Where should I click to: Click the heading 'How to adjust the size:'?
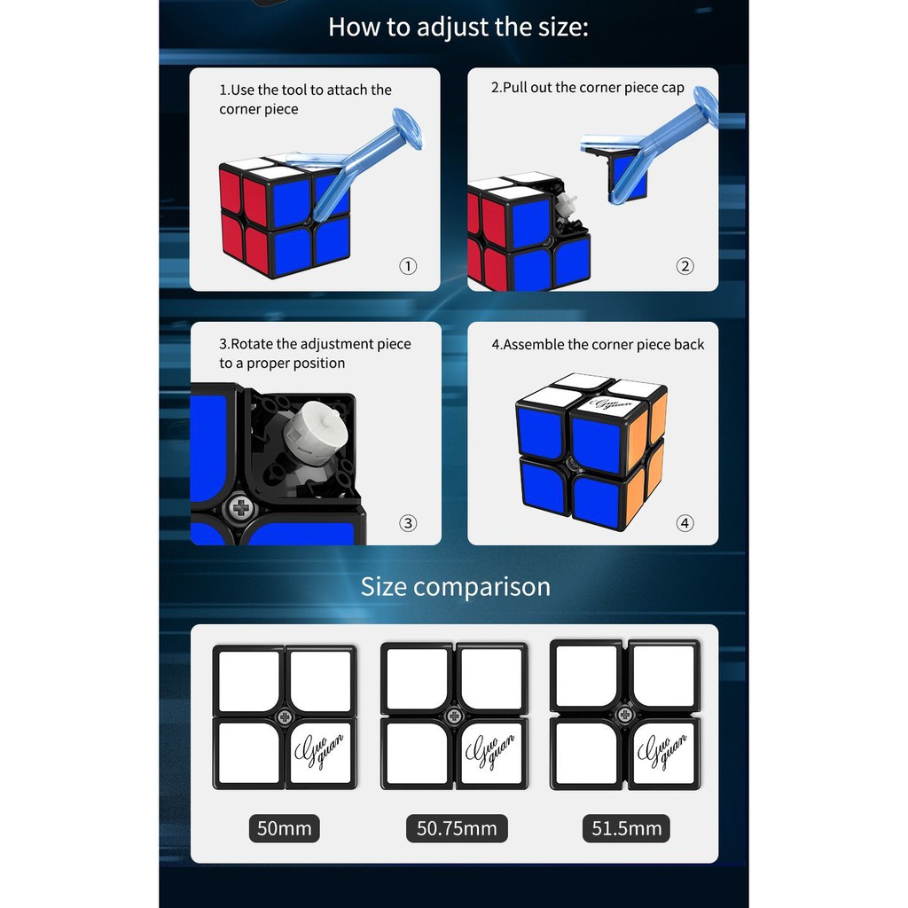point(458,27)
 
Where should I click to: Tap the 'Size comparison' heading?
point(455,587)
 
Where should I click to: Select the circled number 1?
point(408,266)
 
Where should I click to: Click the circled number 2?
point(685,266)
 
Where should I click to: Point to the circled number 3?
point(408,523)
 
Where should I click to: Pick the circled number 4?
point(685,523)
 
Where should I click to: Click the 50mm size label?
point(285,829)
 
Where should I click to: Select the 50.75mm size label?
point(457,829)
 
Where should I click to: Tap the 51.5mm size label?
point(626,829)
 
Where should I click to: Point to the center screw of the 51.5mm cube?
point(625,715)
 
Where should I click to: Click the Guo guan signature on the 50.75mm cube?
point(489,752)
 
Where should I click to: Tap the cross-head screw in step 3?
point(241,508)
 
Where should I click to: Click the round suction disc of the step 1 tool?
point(408,128)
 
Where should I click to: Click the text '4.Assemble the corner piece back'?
point(598,345)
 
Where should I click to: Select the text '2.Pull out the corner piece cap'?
point(588,88)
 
